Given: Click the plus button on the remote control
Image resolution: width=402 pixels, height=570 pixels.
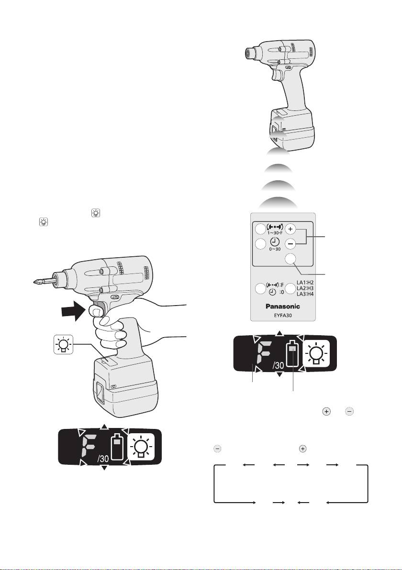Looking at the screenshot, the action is (290, 229).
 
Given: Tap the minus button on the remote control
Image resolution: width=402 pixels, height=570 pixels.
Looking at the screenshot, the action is (290, 244).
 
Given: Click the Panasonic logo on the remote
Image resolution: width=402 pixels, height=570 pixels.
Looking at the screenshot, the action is (283, 306).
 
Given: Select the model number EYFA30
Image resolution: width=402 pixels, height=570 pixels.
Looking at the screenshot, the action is (283, 315).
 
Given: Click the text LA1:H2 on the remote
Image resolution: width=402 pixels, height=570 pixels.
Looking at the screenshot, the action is (305, 282).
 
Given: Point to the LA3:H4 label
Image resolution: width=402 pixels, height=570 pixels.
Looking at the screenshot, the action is (305, 294).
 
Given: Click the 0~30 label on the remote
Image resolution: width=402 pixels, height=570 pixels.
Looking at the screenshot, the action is (275, 249).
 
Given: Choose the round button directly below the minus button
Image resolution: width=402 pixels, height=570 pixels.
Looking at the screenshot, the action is (290, 259).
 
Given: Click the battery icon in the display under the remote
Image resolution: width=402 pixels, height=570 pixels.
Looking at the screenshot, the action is (292, 353).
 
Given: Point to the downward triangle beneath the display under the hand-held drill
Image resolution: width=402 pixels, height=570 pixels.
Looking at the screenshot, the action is (104, 468).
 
